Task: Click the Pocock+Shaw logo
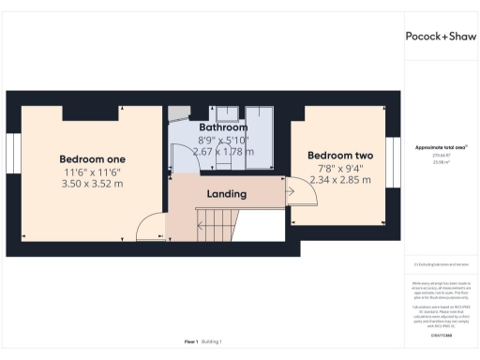click(x=441, y=36)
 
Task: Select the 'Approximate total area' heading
click(x=441, y=147)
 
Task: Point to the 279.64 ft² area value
click(x=441, y=156)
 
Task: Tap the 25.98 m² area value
click(x=441, y=162)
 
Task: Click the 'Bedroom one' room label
click(x=92, y=157)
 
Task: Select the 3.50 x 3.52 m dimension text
click(x=92, y=184)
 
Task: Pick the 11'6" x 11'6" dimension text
click(x=92, y=172)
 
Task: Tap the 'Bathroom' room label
click(x=222, y=127)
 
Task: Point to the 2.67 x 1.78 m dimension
click(x=222, y=150)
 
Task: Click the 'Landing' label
click(x=226, y=194)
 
